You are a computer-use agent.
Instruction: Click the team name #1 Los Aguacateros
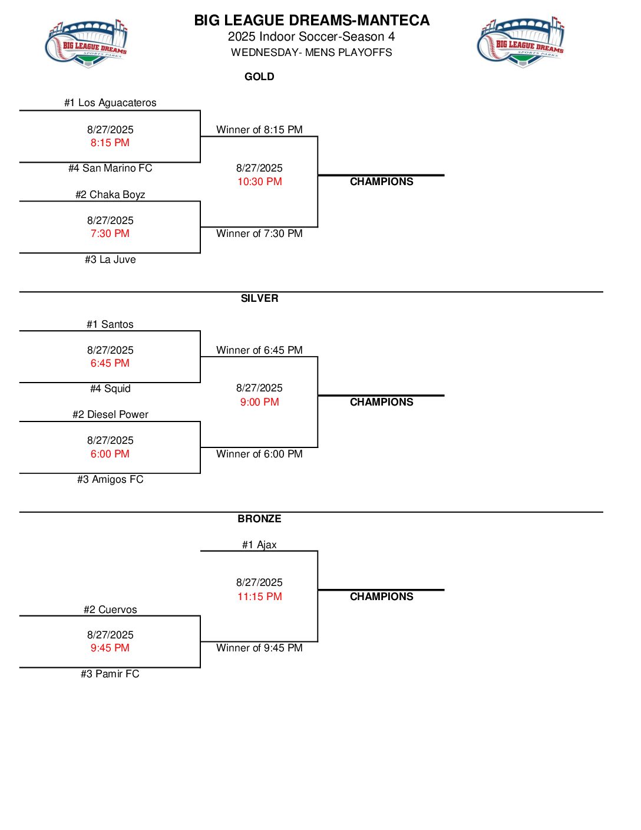(x=110, y=103)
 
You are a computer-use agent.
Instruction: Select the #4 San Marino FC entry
(x=110, y=168)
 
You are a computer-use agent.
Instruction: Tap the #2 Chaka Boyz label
(x=110, y=195)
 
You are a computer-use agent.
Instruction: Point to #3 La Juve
(x=110, y=259)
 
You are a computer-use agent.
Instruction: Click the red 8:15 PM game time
(x=110, y=143)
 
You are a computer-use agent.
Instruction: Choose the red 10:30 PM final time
(x=259, y=182)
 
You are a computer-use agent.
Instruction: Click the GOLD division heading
(x=259, y=77)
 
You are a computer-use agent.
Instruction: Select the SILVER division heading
(x=259, y=298)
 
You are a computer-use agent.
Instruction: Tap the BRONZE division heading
(x=259, y=519)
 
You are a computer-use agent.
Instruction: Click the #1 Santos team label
(x=110, y=324)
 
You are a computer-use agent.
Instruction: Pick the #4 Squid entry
(x=110, y=388)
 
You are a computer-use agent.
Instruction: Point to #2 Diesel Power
(x=110, y=414)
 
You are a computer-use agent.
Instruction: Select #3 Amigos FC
(x=110, y=479)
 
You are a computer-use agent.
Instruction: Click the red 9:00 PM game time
(x=259, y=402)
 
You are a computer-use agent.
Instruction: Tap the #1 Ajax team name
(x=259, y=545)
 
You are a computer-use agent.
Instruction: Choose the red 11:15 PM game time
(x=259, y=597)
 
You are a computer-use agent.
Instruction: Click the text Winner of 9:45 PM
(x=259, y=648)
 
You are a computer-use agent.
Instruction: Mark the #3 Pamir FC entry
(x=110, y=674)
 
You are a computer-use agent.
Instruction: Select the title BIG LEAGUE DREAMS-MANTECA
(x=312, y=21)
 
